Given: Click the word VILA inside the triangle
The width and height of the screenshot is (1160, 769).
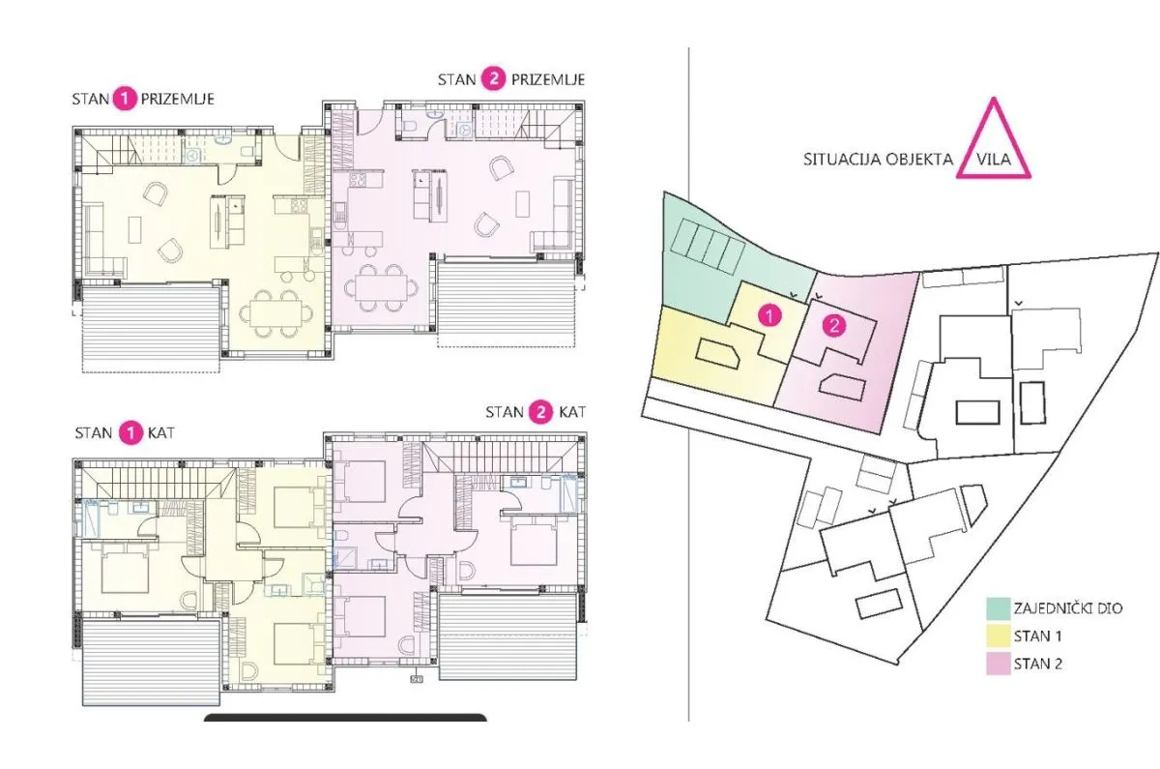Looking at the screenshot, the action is (994, 159).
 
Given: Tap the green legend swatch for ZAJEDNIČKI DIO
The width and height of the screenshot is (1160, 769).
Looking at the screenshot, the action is (999, 608).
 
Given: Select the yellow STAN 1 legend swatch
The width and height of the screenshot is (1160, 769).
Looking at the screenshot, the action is (999, 636).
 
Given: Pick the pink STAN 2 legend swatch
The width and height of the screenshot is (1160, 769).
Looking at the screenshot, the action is (999, 664).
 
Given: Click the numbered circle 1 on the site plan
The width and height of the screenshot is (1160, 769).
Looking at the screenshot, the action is (769, 315).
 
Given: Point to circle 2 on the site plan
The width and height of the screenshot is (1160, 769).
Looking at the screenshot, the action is (834, 325).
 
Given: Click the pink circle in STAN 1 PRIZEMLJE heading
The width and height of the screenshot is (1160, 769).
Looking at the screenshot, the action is (125, 99).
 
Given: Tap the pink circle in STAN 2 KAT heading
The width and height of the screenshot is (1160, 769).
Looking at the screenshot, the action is (541, 412).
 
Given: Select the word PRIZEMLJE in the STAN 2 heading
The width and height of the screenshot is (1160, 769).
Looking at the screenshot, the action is (548, 79).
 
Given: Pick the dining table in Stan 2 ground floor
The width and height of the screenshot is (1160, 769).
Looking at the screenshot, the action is (382, 287).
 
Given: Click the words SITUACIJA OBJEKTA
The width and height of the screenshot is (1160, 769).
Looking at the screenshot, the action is (878, 159).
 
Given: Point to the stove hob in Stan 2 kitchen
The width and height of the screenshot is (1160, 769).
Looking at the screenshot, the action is (359, 180).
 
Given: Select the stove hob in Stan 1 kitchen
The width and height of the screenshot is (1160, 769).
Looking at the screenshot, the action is (299, 206).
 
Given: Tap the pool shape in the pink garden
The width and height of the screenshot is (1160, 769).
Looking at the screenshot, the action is (842, 387).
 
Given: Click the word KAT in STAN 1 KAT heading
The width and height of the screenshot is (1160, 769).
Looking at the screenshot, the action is (161, 433).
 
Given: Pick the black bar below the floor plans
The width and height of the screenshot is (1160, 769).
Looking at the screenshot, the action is (345, 717).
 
